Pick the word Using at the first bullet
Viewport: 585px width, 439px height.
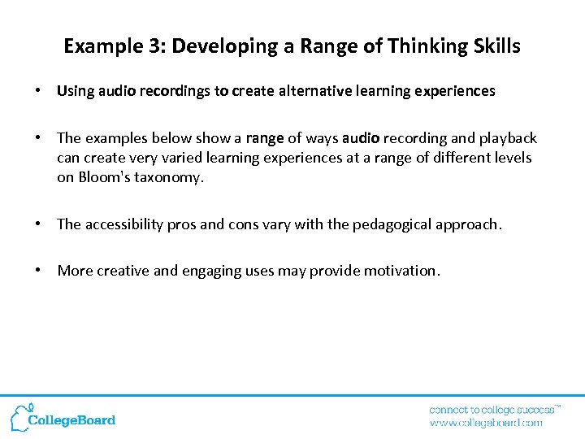click(76, 91)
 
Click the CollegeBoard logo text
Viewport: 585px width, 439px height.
click(71, 420)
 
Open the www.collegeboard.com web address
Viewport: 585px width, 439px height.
click(486, 423)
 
